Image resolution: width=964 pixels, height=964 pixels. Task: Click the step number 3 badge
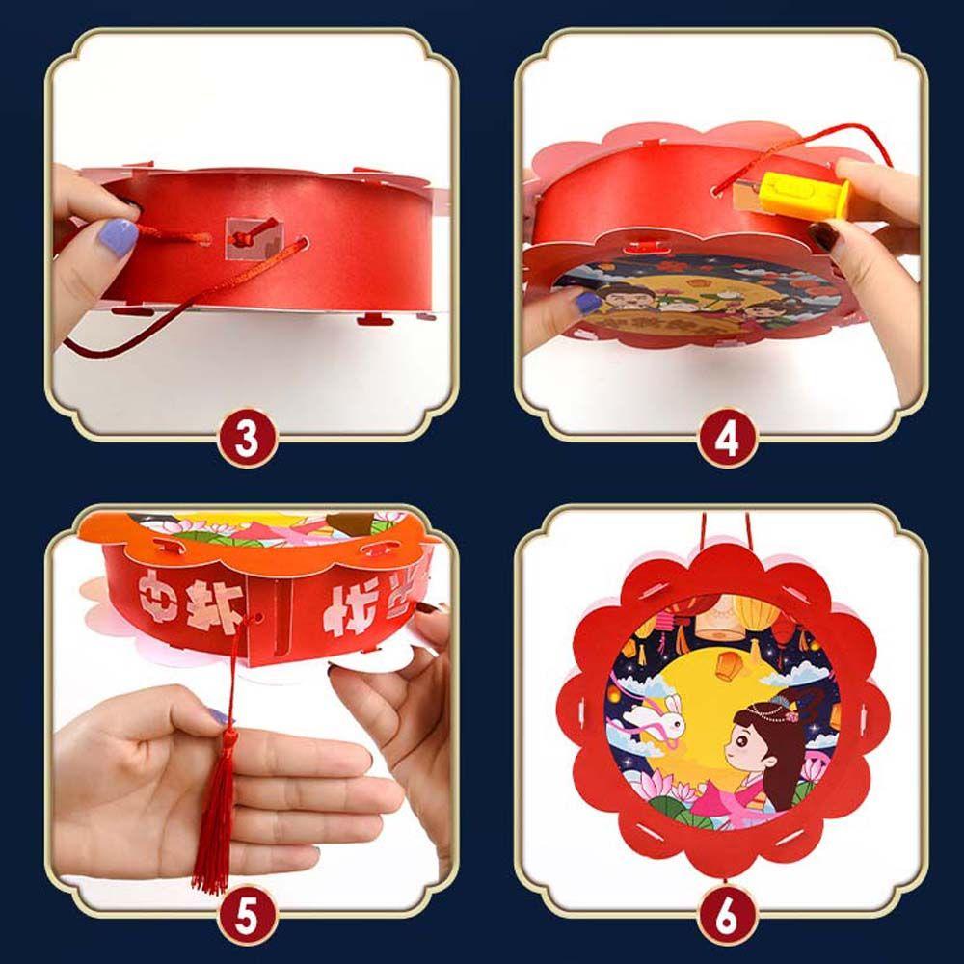point(248,439)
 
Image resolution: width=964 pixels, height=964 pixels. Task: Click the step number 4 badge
point(727,439)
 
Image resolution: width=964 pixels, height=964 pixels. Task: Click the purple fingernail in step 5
point(219,716)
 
